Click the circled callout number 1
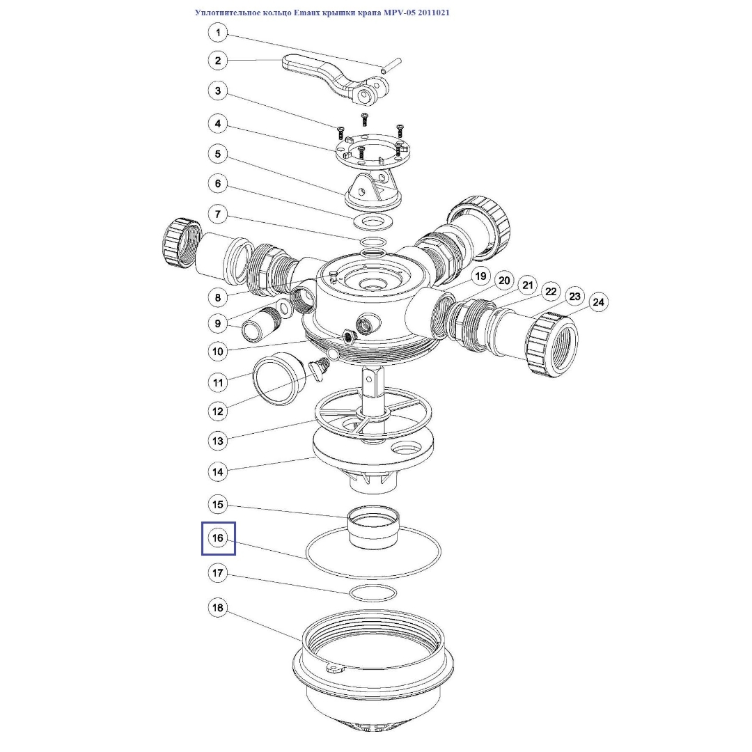pos(218,33)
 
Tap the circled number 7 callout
pos(218,214)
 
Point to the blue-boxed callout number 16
pos(218,538)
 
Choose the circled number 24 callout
pos(598,302)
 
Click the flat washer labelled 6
pos(373,222)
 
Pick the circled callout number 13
pos(218,441)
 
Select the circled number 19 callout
pos(480,276)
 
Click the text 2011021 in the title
pos(434,13)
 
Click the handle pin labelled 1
pos(391,65)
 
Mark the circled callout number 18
pos(218,608)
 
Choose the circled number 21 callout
pos(528,286)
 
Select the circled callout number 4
pos(218,124)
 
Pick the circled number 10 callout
pos(218,352)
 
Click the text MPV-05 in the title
pos(399,13)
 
